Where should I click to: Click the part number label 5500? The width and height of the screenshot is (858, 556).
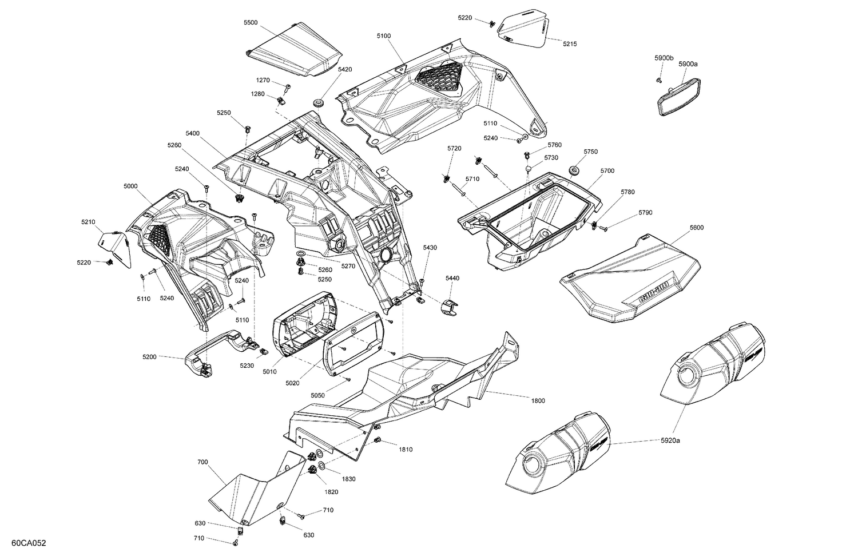[250, 22]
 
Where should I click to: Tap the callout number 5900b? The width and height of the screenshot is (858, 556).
[664, 58]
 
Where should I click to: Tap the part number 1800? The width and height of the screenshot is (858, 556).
[538, 400]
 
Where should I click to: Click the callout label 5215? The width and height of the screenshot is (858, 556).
[570, 43]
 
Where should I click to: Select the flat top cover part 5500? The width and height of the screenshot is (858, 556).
[295, 51]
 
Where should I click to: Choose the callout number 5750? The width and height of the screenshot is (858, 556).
[590, 152]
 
